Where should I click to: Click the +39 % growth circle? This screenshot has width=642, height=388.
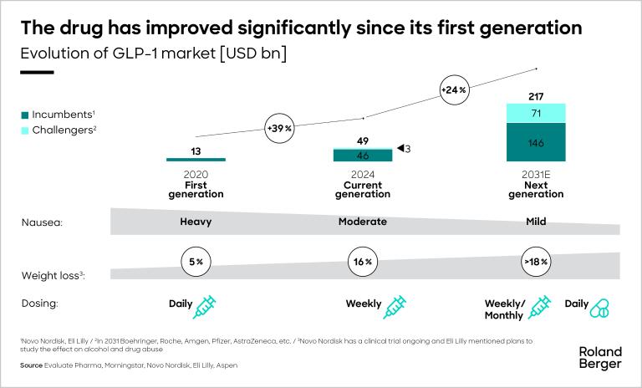278,129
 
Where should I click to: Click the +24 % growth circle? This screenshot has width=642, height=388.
453,89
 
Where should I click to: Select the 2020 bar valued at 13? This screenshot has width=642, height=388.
196,159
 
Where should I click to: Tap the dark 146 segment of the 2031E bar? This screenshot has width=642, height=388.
536,142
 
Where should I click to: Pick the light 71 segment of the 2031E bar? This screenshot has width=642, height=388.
536,113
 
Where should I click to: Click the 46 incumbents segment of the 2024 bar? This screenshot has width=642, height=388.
363,156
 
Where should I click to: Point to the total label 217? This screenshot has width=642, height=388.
536,96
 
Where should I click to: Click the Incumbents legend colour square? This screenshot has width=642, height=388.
25,114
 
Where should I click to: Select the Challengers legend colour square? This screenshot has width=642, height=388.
25,130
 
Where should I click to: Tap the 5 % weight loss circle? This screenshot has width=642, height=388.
196,262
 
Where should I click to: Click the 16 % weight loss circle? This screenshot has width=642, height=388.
363,262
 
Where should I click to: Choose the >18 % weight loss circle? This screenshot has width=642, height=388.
536,262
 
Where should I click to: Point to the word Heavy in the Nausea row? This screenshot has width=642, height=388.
196,222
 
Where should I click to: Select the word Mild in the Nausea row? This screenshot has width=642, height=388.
536,222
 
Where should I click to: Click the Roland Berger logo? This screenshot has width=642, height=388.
600,357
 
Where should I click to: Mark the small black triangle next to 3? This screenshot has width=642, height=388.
400,149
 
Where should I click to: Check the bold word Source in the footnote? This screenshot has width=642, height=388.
32,366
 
